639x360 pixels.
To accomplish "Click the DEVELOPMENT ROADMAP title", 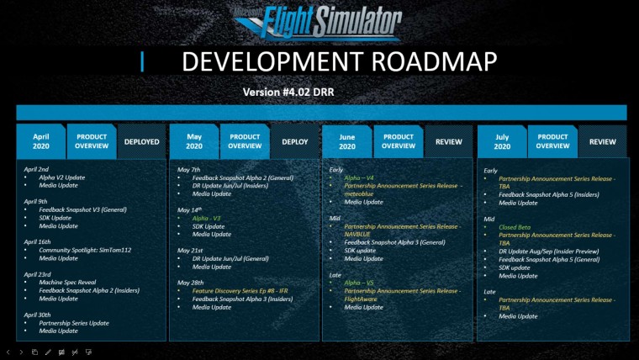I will [x=339, y=61].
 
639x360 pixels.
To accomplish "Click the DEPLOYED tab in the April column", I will [x=141, y=142].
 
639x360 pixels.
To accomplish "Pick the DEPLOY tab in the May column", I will [x=294, y=142].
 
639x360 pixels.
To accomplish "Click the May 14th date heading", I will [x=191, y=209].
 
